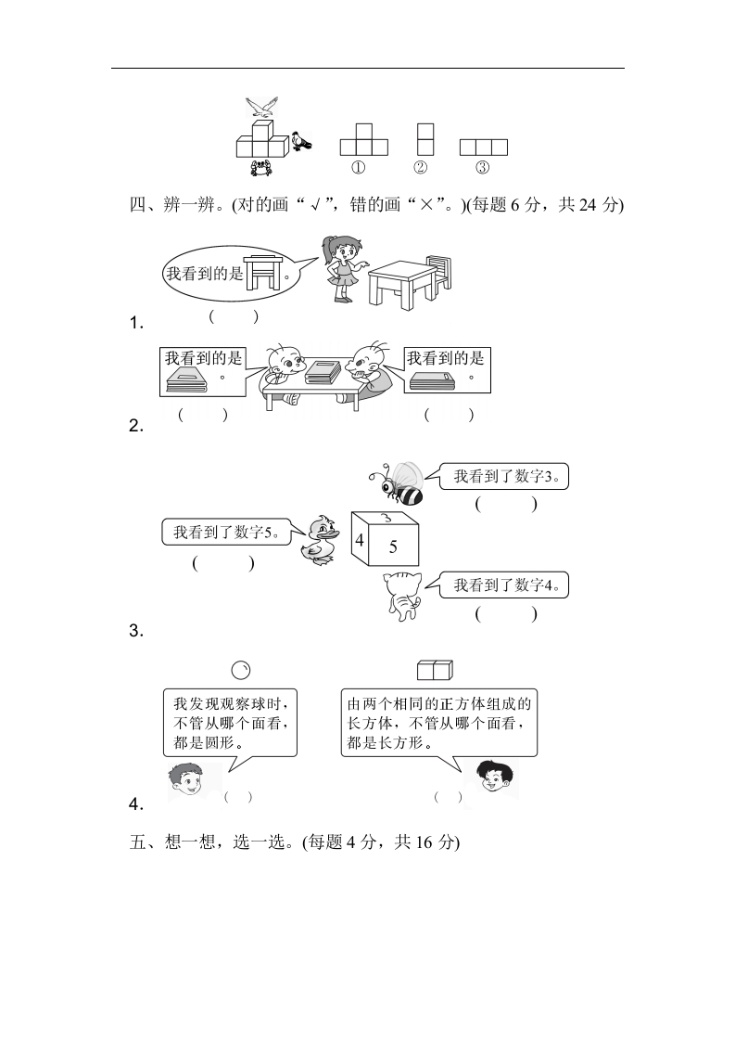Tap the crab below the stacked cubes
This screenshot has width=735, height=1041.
point(260,168)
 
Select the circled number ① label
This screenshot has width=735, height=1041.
point(358,167)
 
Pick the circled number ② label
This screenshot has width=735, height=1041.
point(421,167)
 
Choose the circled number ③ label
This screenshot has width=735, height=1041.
point(483,167)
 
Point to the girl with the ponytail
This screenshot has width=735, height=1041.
point(343,268)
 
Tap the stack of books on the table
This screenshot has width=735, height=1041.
point(323,372)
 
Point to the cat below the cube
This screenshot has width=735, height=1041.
point(403,595)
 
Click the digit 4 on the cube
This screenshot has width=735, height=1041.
point(360,539)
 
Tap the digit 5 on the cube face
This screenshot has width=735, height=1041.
point(393,546)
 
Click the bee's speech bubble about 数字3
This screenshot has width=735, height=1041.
point(497,476)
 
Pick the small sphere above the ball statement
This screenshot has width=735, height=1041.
point(241,671)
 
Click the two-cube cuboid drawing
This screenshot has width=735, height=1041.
point(436,670)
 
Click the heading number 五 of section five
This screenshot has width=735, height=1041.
point(138,842)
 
